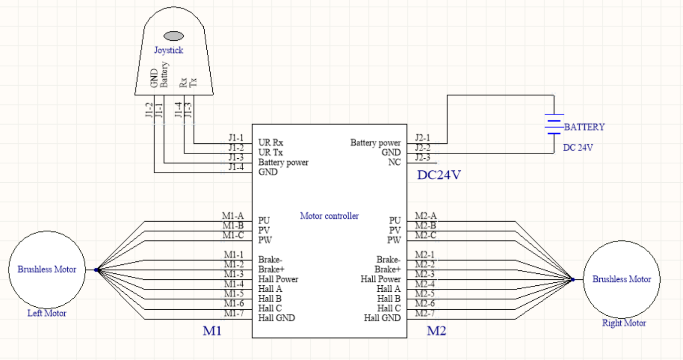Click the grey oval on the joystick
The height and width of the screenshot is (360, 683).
point(173,36)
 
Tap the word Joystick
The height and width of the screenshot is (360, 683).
point(168,50)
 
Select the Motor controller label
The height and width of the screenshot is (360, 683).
point(329,216)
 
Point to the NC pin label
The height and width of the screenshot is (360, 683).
point(394,162)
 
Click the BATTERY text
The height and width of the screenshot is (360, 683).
point(584,127)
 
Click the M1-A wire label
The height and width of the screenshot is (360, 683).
point(233,216)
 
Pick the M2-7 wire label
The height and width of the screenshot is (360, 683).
point(425,313)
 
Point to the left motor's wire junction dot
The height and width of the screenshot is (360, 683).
point(97,270)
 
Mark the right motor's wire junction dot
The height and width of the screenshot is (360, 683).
point(573,280)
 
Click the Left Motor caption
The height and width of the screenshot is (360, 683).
point(47,313)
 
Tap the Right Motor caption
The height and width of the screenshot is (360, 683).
point(624,323)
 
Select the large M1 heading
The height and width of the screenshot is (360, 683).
point(212,331)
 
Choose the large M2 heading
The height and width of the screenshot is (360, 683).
point(437,331)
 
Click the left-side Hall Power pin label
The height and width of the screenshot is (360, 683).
point(278,279)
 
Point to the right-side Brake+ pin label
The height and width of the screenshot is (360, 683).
point(388,269)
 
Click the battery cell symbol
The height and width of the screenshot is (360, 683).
point(554,124)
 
